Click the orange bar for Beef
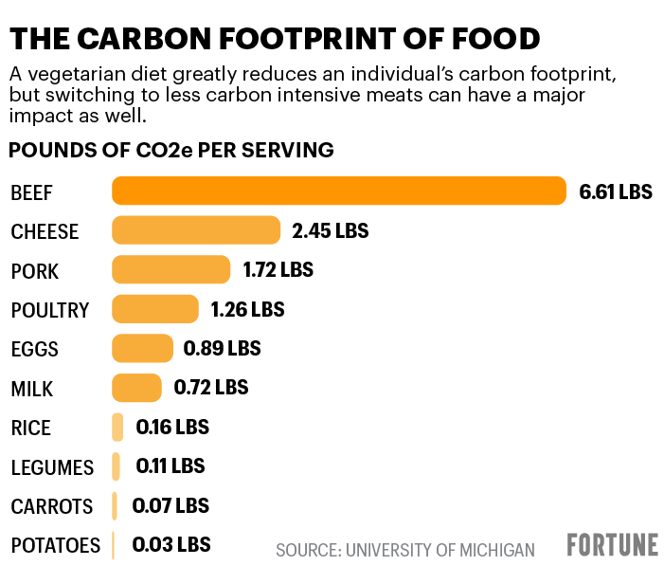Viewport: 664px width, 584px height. (339, 192)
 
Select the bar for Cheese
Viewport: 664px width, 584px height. (196, 230)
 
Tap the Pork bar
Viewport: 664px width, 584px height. (170, 270)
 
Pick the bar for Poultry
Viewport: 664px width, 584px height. (155, 309)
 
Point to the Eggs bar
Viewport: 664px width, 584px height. (142, 348)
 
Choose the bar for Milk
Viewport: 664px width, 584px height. (136, 387)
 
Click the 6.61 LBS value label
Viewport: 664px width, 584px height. (616, 192)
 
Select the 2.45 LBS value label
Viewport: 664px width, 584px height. (330, 230)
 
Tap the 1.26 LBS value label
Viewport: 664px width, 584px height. (246, 309)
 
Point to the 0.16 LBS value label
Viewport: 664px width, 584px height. (172, 427)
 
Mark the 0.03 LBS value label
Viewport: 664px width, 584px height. (170, 544)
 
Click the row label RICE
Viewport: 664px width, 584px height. (30, 428)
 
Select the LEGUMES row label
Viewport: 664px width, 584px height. (52, 467)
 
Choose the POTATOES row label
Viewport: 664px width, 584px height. (55, 546)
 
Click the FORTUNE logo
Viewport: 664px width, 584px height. (612, 545)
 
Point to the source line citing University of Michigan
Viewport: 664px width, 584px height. (404, 550)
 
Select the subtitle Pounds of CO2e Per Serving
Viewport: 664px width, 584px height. (171, 150)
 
